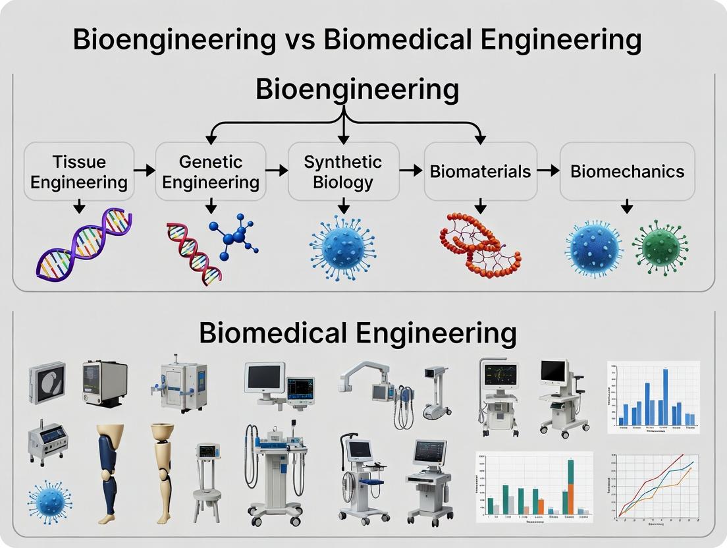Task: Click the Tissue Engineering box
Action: pos(78,172)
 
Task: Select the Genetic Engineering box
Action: pos(211,172)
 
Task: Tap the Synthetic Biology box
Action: pos(343,171)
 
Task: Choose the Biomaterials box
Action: pos(480,172)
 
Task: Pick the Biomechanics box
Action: pos(627,172)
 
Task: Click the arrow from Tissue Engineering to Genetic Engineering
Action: pos(144,171)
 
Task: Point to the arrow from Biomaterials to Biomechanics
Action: pos(548,171)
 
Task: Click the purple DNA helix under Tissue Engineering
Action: pos(84,245)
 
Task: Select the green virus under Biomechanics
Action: pos(660,247)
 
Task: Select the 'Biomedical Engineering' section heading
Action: pos(358,333)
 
